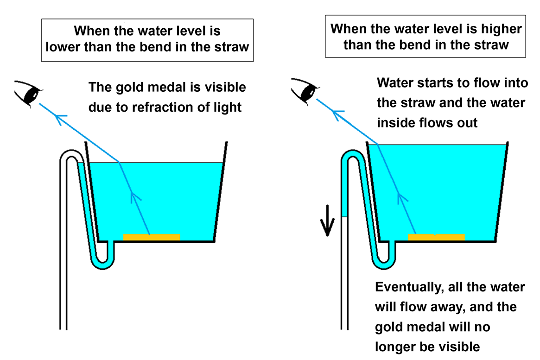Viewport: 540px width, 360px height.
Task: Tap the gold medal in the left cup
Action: coord(152,237)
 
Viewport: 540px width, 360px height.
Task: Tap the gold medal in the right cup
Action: coord(436,237)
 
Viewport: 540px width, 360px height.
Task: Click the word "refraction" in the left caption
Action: coord(157,107)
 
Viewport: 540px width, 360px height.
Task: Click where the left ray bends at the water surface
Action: coord(120,163)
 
